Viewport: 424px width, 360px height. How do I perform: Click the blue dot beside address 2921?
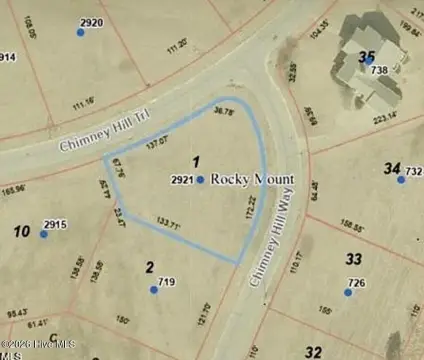click(200, 180)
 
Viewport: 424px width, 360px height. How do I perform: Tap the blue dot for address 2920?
click(81, 32)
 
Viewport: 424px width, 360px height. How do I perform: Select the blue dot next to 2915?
click(43, 234)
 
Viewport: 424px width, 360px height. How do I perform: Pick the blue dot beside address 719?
click(154, 290)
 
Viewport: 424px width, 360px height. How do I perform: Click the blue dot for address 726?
click(349, 293)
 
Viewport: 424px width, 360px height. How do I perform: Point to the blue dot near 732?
click(400, 179)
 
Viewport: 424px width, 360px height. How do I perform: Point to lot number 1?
click(196, 161)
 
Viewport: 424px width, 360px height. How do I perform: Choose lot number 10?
click(21, 232)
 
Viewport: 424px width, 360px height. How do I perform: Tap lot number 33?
click(353, 259)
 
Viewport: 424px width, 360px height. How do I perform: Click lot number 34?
click(392, 168)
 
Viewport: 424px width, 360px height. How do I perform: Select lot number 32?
click(313, 351)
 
